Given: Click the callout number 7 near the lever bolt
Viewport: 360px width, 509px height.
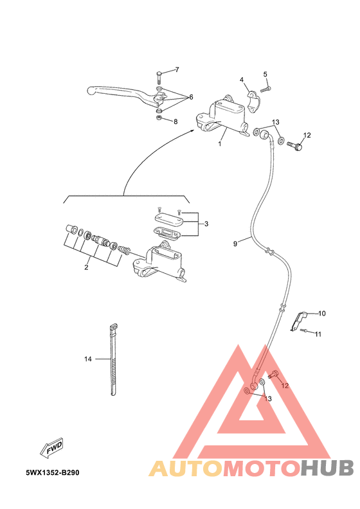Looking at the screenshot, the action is coord(177,69).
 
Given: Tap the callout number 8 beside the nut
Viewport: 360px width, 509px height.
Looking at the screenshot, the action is coord(175,121).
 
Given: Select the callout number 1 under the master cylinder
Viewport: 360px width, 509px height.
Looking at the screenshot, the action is coord(220,143).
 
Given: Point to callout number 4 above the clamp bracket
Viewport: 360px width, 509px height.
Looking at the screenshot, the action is coord(242,80).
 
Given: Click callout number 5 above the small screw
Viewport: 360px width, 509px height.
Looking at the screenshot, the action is coord(265,75).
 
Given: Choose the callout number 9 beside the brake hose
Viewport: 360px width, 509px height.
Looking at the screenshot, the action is coord(235,244).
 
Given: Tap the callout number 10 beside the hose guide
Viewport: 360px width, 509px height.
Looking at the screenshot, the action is coord(321,313).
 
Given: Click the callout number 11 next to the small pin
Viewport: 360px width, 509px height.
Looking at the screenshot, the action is coord(318,334).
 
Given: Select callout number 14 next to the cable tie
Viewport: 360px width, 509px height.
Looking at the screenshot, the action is coord(88,359).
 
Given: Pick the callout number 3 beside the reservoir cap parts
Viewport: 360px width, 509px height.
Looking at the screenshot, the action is coord(206,224).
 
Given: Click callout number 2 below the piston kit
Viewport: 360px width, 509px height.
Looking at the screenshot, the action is coord(86,267).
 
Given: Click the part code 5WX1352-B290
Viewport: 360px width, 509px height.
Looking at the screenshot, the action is coord(53,472).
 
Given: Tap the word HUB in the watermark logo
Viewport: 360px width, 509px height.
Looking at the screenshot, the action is coord(327,468).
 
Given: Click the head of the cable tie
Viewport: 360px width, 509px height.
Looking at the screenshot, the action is coord(113,327).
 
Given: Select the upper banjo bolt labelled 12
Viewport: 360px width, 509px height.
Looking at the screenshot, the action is coord(295,145).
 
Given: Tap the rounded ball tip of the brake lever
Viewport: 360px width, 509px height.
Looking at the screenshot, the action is coord(91,90).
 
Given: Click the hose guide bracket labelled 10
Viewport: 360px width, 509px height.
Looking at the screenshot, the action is coord(298,321).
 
